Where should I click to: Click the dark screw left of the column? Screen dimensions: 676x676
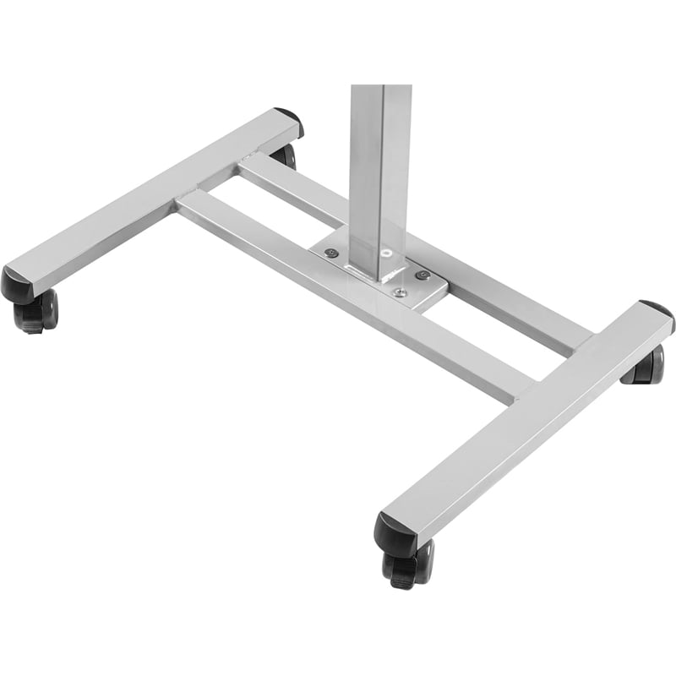tap(332, 253)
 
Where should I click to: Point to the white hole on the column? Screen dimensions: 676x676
tap(386, 252)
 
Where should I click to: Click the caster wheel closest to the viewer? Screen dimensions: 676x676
tap(407, 564)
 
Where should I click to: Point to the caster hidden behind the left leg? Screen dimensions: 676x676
tap(285, 155)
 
